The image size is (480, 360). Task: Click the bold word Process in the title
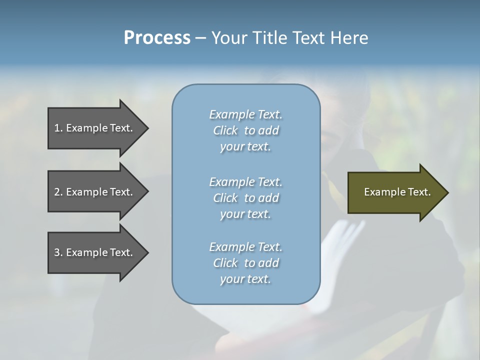[x=157, y=38]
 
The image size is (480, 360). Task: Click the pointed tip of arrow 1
[x=146, y=128]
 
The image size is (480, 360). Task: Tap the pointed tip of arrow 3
[x=146, y=252]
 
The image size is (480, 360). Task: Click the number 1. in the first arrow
[x=58, y=128]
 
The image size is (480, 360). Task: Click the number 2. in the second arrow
[x=58, y=192]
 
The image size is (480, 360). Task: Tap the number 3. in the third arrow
[x=58, y=252]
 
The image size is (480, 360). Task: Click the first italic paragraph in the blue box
[x=245, y=130]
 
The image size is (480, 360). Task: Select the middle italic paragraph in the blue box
[x=245, y=198]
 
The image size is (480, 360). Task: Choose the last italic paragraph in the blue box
[x=245, y=263]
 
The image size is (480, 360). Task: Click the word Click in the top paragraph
[x=225, y=130]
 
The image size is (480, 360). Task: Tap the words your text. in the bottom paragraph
[x=245, y=279]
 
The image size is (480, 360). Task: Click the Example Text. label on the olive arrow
[x=397, y=192]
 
